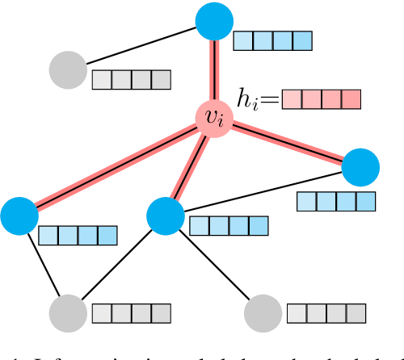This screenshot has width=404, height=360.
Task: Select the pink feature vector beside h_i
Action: [321, 100]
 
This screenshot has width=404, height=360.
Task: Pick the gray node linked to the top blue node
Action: [69, 70]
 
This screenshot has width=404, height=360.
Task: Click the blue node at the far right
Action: [361, 168]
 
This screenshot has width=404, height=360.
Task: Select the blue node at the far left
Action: [19, 216]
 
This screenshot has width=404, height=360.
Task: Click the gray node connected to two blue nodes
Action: [68, 312]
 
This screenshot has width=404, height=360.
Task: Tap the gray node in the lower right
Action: [263, 312]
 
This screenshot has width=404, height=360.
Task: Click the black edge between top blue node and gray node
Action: [142, 45]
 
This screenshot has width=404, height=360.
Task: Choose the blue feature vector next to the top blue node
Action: [272, 40]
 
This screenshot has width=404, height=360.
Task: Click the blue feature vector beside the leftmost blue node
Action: [78, 235]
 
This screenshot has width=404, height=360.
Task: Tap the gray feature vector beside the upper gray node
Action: [131, 80]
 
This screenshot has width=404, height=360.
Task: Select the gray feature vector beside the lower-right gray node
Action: [326, 313]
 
